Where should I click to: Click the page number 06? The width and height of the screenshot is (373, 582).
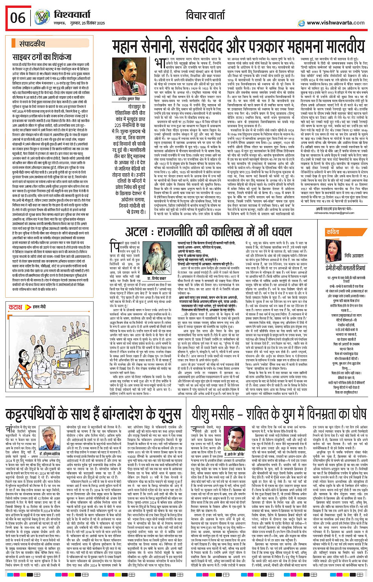[x=18, y=18]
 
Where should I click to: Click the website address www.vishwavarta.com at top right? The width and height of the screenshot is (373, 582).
[x=335, y=23]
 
